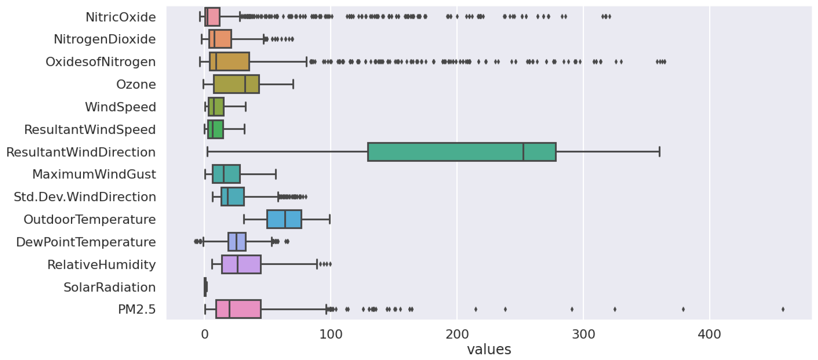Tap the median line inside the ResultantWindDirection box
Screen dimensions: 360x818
[x=523, y=152]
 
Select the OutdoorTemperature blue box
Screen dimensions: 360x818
[x=284, y=219]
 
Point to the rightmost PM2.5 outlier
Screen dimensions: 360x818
[x=783, y=309]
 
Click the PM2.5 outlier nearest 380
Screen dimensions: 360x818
[x=683, y=309]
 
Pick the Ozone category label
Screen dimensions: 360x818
[x=136, y=85]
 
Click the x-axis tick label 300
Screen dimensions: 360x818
[x=583, y=335]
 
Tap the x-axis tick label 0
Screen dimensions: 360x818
[x=204, y=335]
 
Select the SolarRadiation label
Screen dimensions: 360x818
[x=110, y=287]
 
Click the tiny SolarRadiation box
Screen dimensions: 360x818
[x=205, y=287]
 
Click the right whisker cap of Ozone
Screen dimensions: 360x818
[x=293, y=84]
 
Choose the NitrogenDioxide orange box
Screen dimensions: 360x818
[x=220, y=39]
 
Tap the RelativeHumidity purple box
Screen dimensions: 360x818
[x=241, y=264]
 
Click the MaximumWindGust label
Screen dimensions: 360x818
[x=94, y=174]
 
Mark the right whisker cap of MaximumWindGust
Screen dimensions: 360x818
[x=276, y=174]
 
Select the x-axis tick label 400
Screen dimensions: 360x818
[x=709, y=335]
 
